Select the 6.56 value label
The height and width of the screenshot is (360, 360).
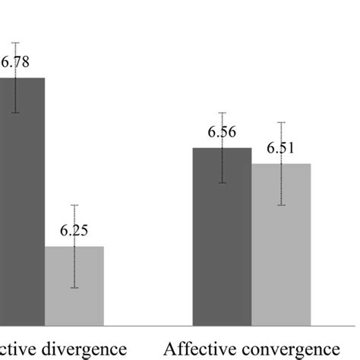tap(222, 132)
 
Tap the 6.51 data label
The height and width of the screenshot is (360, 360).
tap(281, 148)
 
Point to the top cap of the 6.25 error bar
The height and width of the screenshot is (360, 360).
tap(74, 205)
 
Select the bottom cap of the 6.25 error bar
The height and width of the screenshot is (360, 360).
tap(74, 288)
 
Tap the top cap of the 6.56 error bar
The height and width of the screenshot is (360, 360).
tap(222, 112)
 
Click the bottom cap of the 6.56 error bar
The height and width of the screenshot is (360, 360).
tap(222, 183)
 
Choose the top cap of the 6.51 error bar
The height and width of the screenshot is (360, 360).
tap(281, 122)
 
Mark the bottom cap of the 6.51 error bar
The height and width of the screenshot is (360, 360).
tap(281, 205)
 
